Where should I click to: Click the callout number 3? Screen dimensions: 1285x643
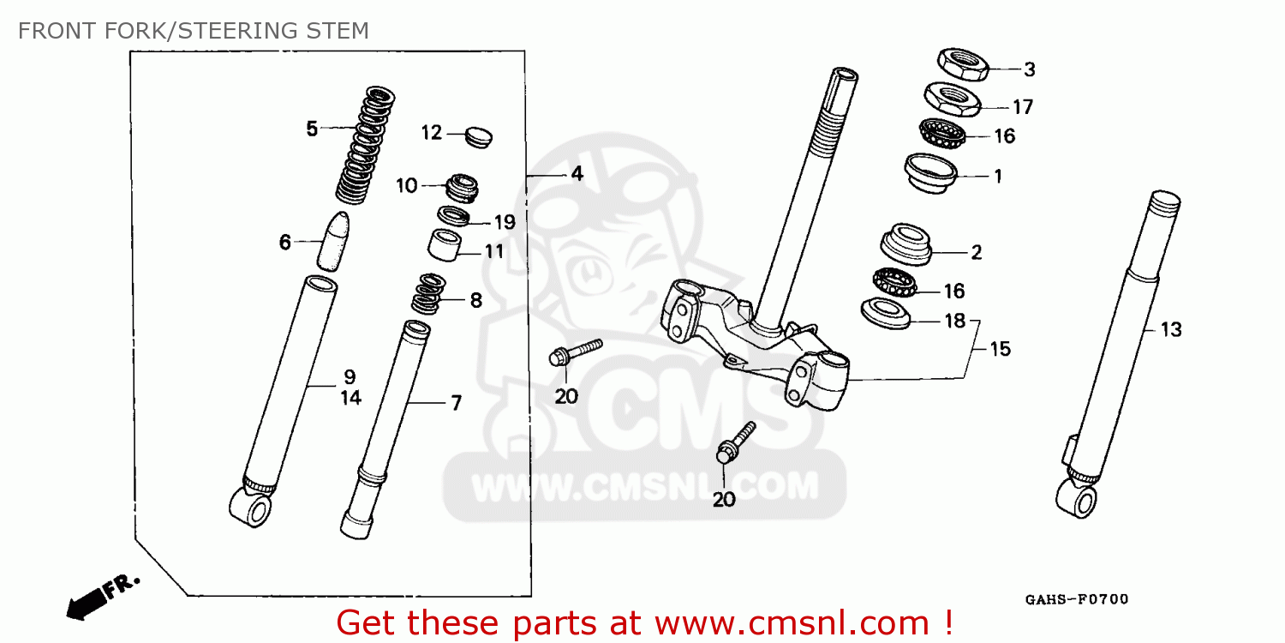pos(1030,69)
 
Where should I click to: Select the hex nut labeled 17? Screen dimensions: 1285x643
pos(952,99)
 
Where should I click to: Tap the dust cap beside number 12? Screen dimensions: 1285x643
pos(478,136)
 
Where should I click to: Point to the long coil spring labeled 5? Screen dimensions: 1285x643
pos(366,145)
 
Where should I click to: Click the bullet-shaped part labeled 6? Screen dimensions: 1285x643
pos(333,241)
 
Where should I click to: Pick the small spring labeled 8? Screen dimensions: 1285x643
pos(429,293)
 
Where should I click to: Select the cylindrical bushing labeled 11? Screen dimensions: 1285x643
pos(445,244)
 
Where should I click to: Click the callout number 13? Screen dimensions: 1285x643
pos(1171,329)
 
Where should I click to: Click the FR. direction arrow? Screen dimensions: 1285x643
pos(103,598)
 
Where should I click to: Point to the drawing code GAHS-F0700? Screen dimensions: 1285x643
pos(1077,600)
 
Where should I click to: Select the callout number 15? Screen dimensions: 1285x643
pos(1000,349)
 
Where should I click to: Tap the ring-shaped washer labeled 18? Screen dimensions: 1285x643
pos(886,313)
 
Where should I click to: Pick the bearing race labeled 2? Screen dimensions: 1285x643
pos(905,244)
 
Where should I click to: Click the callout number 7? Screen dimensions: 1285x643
pos(456,403)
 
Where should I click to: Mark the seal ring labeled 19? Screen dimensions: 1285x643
pos(454,216)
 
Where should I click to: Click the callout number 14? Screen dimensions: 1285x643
pos(351,398)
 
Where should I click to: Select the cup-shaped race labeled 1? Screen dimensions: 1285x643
pos(930,173)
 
